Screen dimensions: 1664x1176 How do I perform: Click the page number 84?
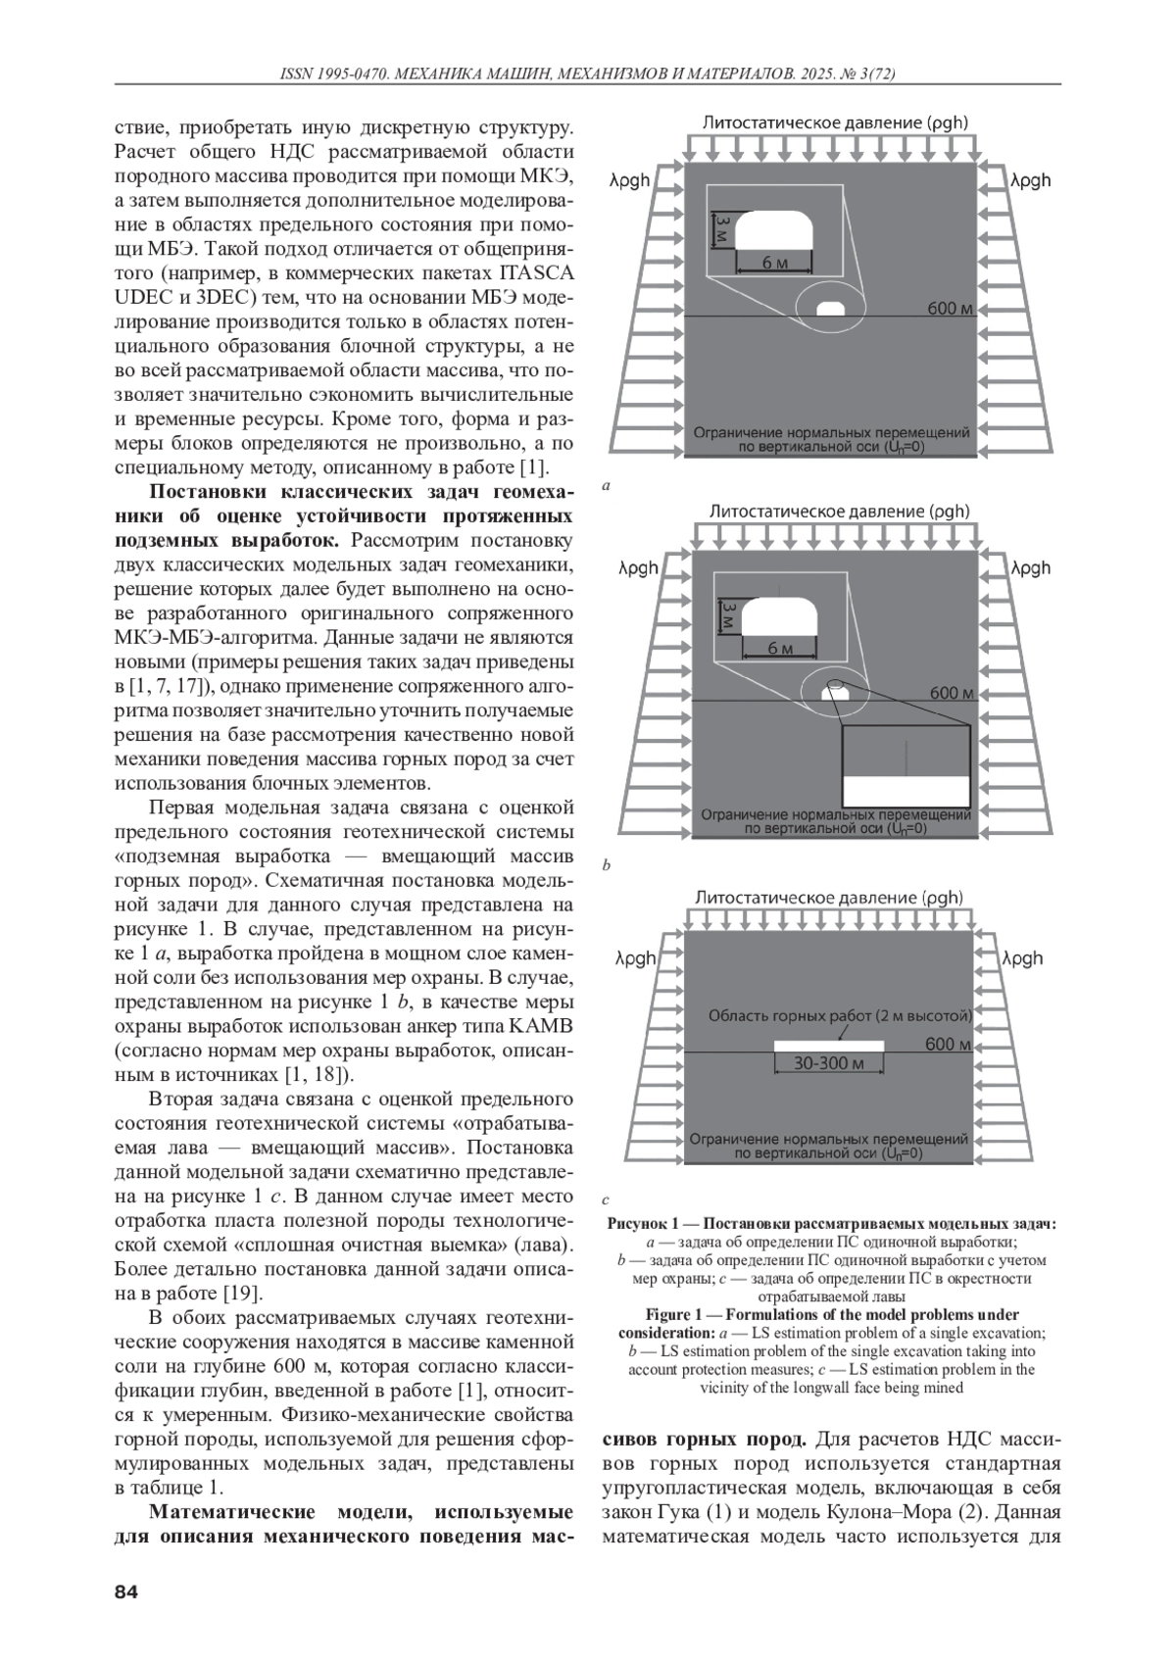[x=126, y=1591]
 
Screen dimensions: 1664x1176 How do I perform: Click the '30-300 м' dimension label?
[x=828, y=1063]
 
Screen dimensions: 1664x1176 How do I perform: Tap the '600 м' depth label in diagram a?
[x=950, y=309]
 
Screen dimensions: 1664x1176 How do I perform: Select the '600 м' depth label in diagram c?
[x=948, y=1045]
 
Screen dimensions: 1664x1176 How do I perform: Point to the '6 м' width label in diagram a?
[x=774, y=263]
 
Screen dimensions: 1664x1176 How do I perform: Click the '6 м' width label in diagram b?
[x=780, y=649]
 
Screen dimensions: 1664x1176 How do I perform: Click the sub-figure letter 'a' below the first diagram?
[x=607, y=485]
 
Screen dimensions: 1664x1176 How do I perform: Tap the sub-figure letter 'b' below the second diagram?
[x=607, y=865]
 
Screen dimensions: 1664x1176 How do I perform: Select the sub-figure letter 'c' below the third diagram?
[x=607, y=1199]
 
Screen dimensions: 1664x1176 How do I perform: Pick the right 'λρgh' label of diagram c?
[x=1022, y=958]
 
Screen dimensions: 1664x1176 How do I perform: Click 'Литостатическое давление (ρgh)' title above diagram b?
[x=839, y=511]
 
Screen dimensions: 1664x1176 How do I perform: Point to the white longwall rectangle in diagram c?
[x=828, y=1046]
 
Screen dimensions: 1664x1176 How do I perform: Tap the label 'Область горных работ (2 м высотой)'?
[x=840, y=1015]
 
